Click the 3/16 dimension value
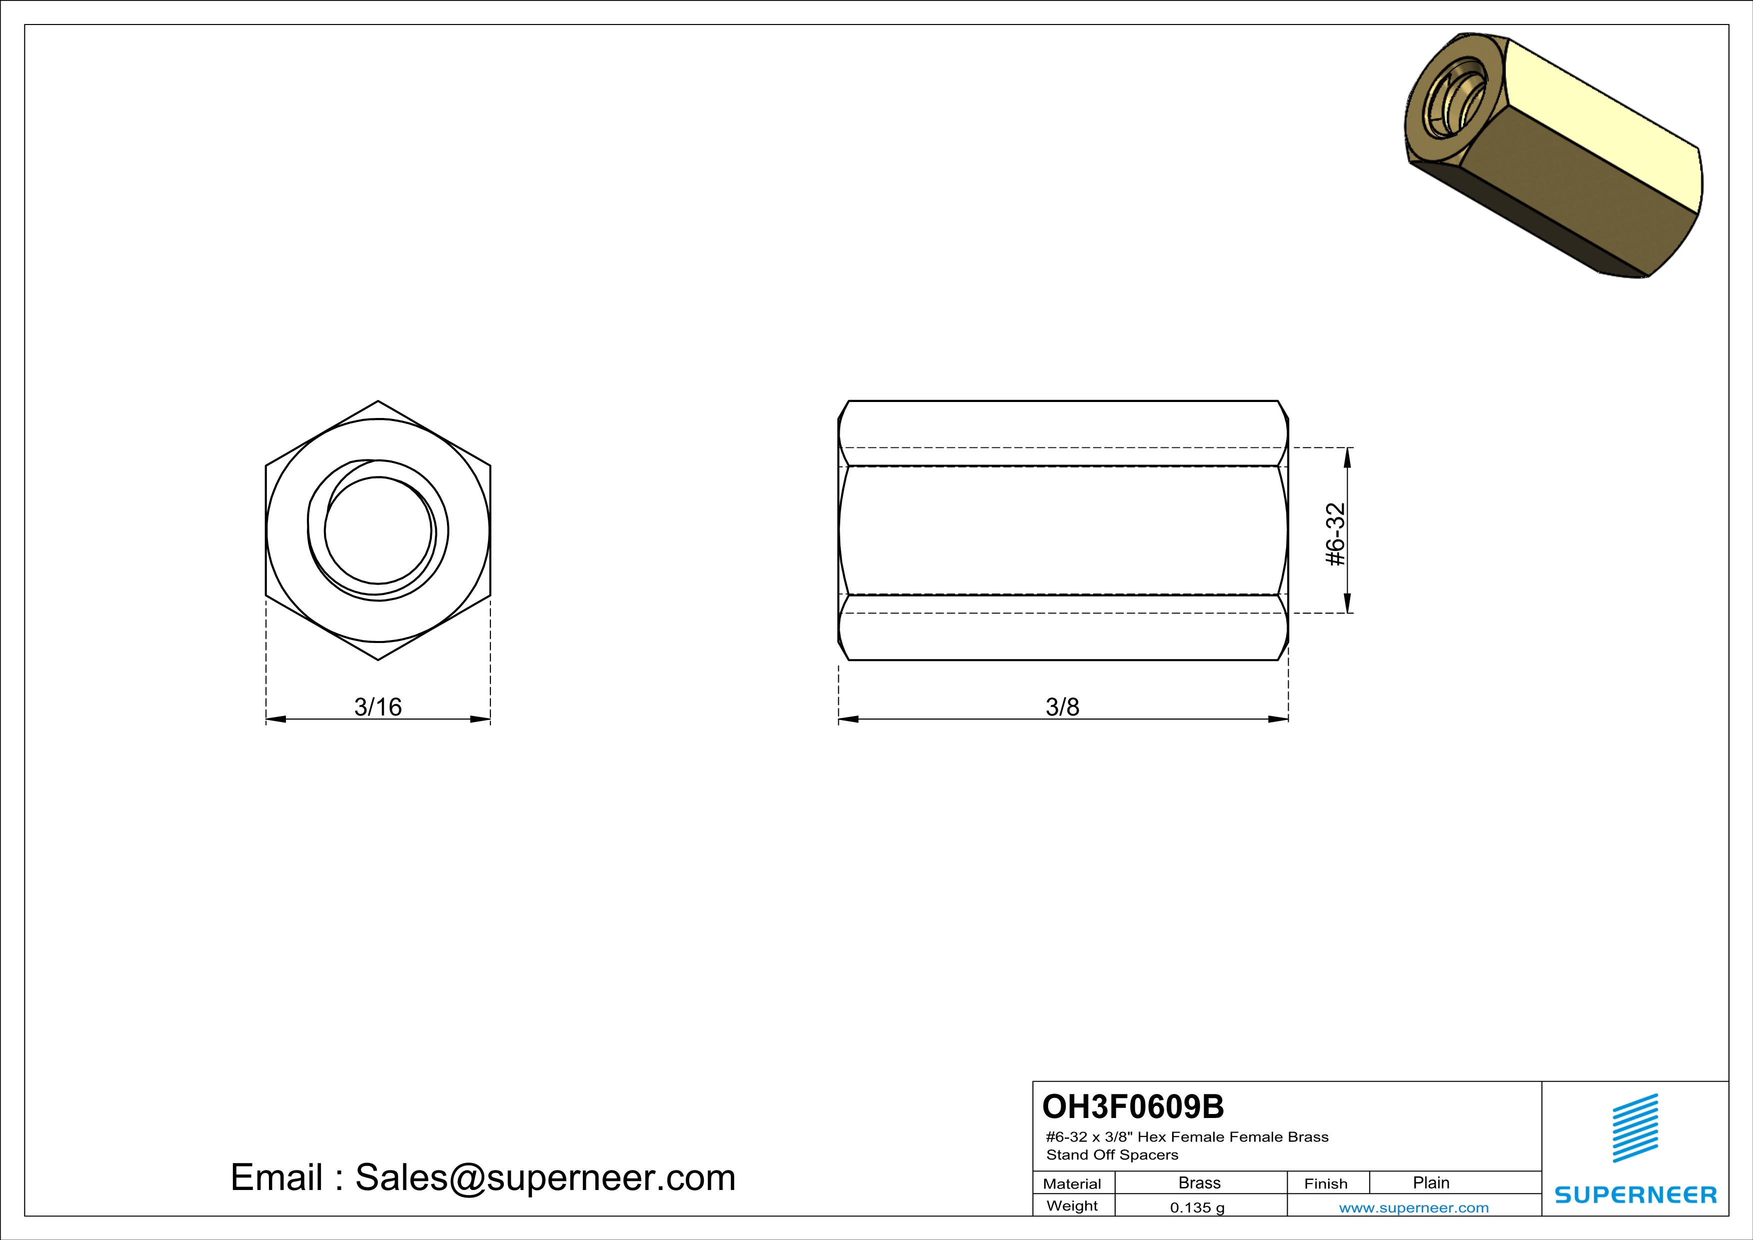(377, 706)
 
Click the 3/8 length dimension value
(1062, 706)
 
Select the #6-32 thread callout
(1335, 534)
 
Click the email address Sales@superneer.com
(544, 1177)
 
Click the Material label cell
(1072, 1183)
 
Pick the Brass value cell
(1200, 1182)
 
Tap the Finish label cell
(1326, 1183)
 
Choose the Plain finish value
(1431, 1182)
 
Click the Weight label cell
(1072, 1205)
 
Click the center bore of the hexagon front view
(377, 530)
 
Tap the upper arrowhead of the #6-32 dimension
(1347, 456)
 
